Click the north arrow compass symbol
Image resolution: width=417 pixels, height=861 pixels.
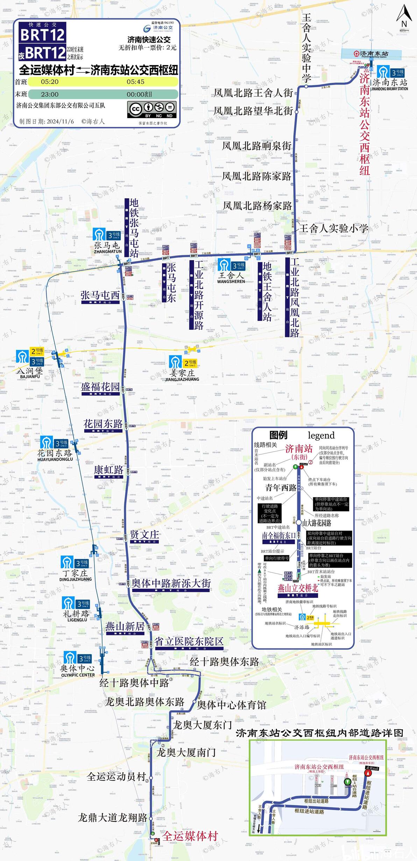tap(404, 16)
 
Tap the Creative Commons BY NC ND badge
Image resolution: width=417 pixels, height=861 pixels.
tap(152, 109)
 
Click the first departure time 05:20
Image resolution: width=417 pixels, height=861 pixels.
tap(50, 82)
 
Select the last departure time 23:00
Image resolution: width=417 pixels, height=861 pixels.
tap(50, 94)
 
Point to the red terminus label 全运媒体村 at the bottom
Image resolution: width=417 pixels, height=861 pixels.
tap(190, 837)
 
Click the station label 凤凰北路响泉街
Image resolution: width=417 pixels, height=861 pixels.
tap(256, 146)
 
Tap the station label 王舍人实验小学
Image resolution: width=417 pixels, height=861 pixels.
tap(333, 229)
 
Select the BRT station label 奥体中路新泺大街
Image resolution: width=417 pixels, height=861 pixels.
tap(171, 583)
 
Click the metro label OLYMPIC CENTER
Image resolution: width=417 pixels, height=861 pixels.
tap(78, 675)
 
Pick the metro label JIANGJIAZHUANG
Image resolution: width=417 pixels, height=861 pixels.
tap(182, 379)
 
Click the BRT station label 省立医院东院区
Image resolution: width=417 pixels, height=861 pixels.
tap(189, 641)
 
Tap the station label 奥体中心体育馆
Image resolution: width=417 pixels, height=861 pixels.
tap(232, 705)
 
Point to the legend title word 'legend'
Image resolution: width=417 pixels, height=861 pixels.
tap(321, 436)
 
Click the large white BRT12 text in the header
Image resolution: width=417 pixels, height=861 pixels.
tap(43, 35)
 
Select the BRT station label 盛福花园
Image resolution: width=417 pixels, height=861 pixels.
tap(100, 387)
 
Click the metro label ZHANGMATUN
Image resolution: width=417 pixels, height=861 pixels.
tap(108, 252)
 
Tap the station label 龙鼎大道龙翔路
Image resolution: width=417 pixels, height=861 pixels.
tap(112, 818)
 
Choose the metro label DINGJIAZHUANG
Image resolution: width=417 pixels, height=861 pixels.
tap(76, 579)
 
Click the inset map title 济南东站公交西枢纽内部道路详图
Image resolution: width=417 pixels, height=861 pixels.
tap(319, 733)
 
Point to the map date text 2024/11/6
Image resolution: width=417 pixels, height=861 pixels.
tap(60, 122)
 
